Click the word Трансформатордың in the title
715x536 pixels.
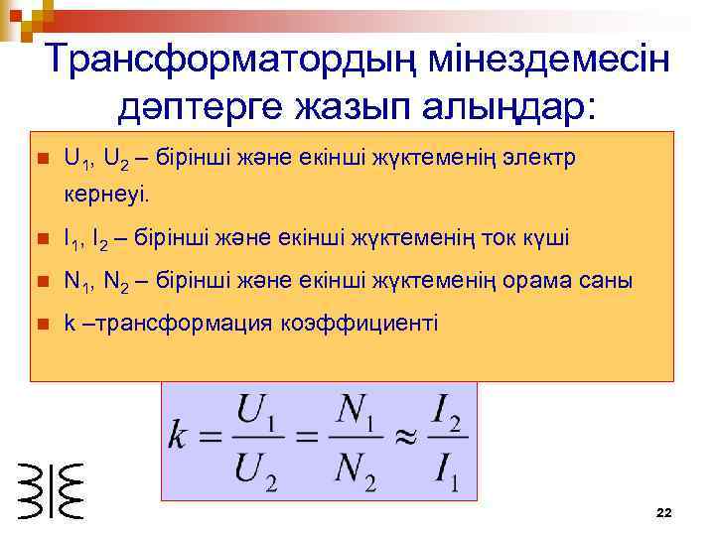click(x=230, y=60)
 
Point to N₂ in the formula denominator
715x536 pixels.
click(x=355, y=467)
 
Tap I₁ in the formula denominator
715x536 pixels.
click(x=444, y=468)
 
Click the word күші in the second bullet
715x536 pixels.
click(x=547, y=239)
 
